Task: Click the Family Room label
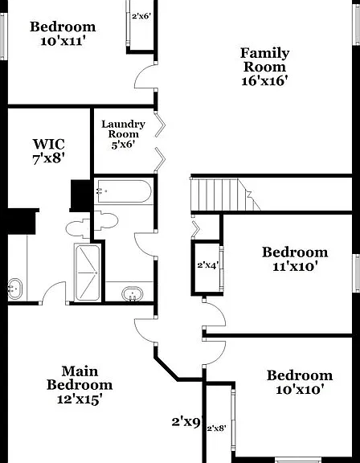tap(264, 60)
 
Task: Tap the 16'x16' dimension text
tap(264, 80)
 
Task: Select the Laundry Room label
tap(123, 129)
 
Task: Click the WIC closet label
tap(49, 145)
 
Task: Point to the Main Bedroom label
tap(80, 379)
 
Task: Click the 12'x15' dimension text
tap(80, 399)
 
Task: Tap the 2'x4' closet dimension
tap(208, 265)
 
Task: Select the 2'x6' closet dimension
tap(141, 16)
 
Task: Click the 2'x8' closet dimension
tap(217, 428)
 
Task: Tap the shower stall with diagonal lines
tap(88, 272)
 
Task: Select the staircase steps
tap(225, 194)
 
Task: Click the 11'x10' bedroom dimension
tap(295, 267)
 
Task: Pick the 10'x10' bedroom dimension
tap(300, 390)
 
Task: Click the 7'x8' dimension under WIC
tap(49, 159)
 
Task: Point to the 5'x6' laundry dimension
tap(123, 145)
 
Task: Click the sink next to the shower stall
tap(133, 294)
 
